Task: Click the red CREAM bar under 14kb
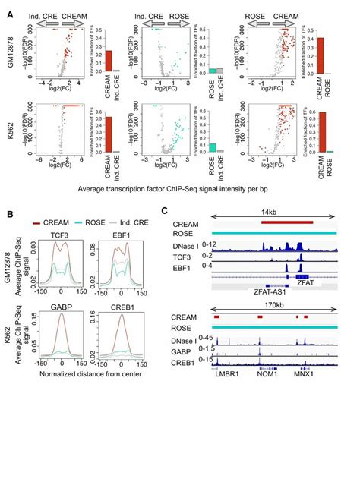coord(286,222)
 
